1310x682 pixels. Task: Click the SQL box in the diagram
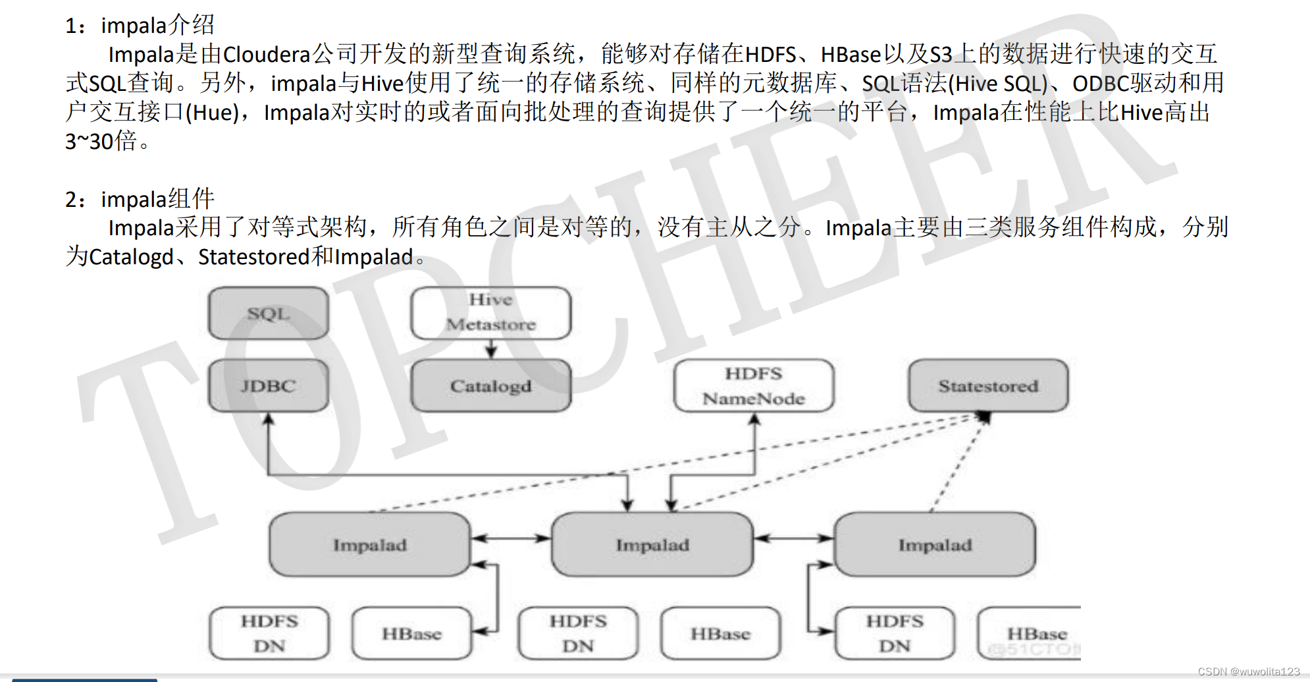point(269,314)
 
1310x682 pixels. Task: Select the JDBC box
point(269,386)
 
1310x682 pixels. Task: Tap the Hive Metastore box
point(491,313)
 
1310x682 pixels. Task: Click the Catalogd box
point(491,386)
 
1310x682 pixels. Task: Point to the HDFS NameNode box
point(754,386)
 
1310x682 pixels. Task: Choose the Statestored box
point(989,386)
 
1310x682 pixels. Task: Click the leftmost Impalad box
point(370,545)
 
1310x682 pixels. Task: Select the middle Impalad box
point(652,545)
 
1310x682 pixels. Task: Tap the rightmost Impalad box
point(935,545)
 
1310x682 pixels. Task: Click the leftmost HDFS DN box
point(269,634)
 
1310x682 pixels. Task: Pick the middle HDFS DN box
point(578,634)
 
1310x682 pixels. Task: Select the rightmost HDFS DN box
point(895,634)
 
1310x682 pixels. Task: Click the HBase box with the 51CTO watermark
point(1030,634)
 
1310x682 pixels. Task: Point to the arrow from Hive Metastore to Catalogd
point(491,349)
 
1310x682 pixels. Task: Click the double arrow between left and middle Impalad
point(511,538)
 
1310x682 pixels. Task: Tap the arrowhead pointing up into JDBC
point(268,419)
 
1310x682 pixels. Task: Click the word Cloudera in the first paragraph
point(267,54)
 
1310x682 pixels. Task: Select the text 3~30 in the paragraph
point(90,141)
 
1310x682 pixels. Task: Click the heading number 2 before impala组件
point(71,199)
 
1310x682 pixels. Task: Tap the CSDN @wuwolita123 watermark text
point(1249,671)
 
